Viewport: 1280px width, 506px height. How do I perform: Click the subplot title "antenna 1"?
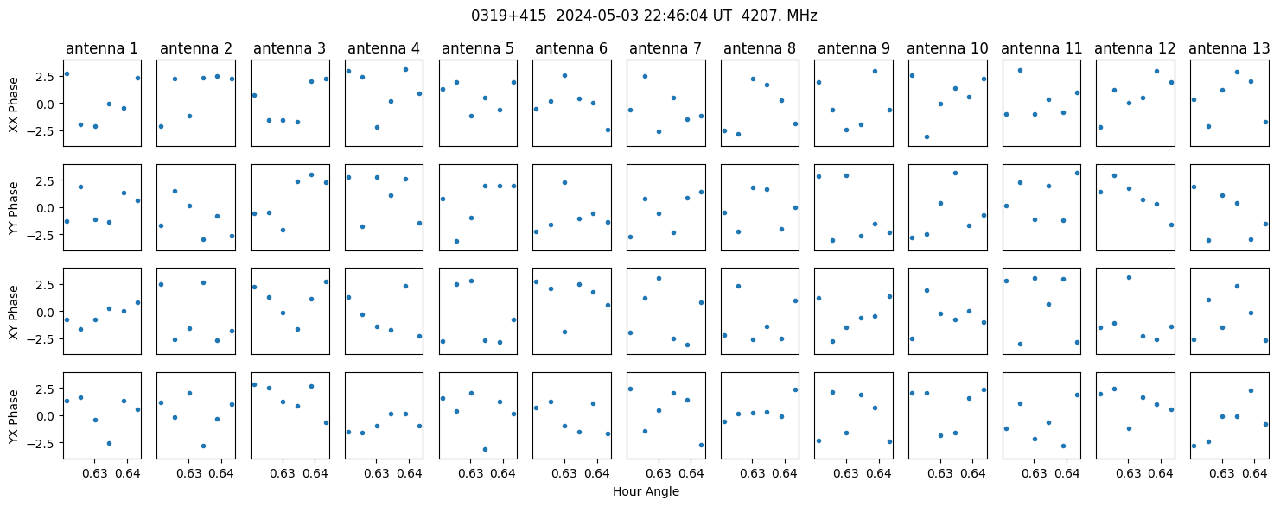[x=102, y=49]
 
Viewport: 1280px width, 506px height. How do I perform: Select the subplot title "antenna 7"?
[x=665, y=49]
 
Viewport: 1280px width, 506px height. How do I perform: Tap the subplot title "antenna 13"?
[x=1229, y=49]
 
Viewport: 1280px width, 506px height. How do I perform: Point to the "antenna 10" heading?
[x=947, y=49]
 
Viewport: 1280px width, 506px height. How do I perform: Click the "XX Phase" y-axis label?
[x=13, y=104]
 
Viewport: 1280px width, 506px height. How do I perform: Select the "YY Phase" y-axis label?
[x=13, y=208]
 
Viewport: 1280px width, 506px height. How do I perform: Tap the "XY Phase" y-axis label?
[x=13, y=313]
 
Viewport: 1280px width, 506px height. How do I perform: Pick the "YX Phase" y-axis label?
[x=13, y=416]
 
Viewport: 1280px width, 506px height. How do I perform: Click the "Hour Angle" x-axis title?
[x=646, y=491]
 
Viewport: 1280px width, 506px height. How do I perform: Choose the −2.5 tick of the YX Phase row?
[x=44, y=443]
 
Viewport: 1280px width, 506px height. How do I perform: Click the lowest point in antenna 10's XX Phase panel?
[x=927, y=137]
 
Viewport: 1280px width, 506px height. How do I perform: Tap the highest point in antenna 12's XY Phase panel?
[x=1129, y=277]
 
